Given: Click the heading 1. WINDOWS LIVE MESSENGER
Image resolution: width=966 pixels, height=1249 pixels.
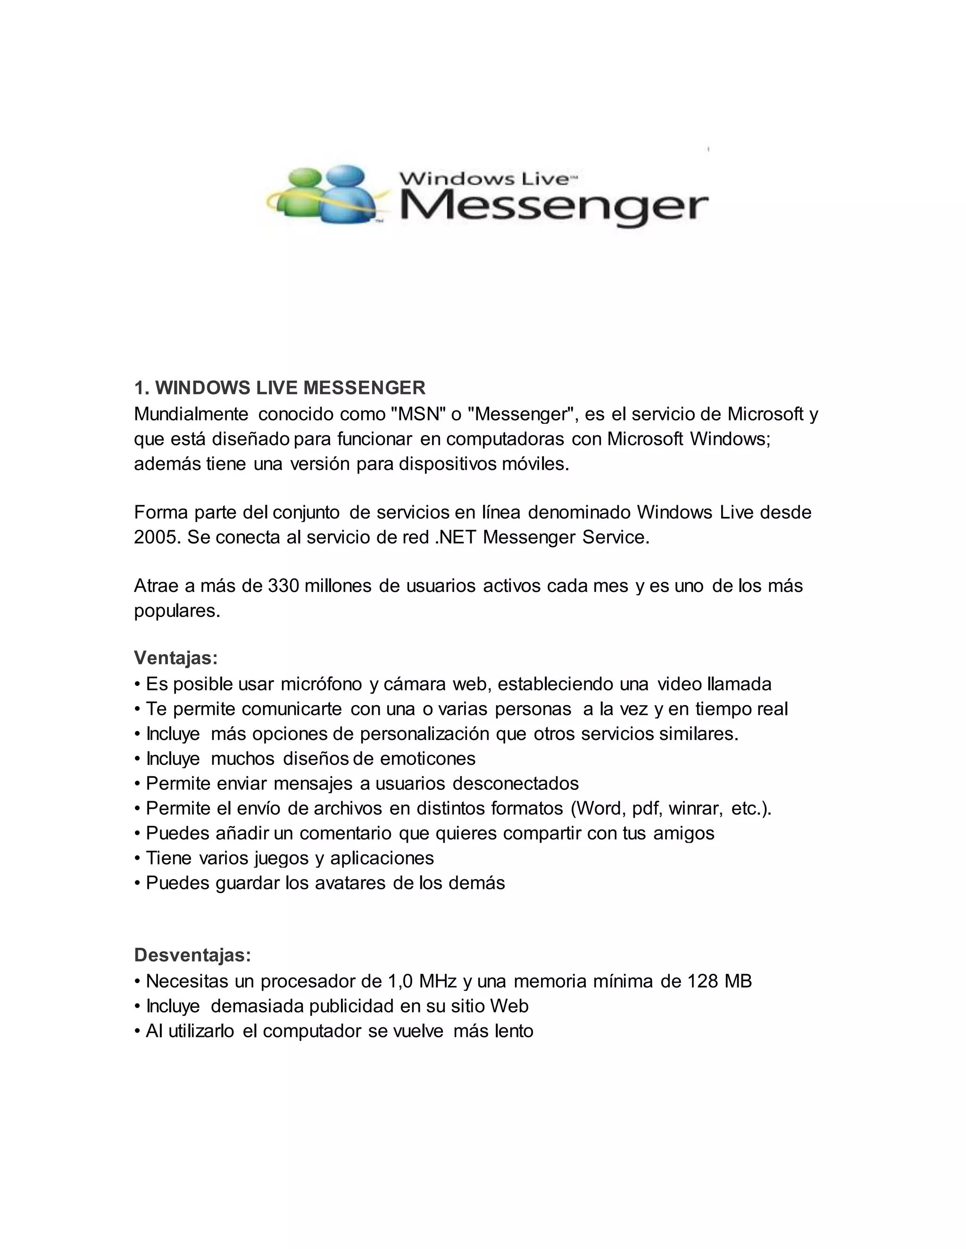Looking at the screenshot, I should pos(280,388).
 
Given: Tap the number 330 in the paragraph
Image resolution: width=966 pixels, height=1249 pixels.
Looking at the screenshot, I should pos(283,585).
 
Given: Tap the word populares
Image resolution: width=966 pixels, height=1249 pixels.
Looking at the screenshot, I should pos(177,611).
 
